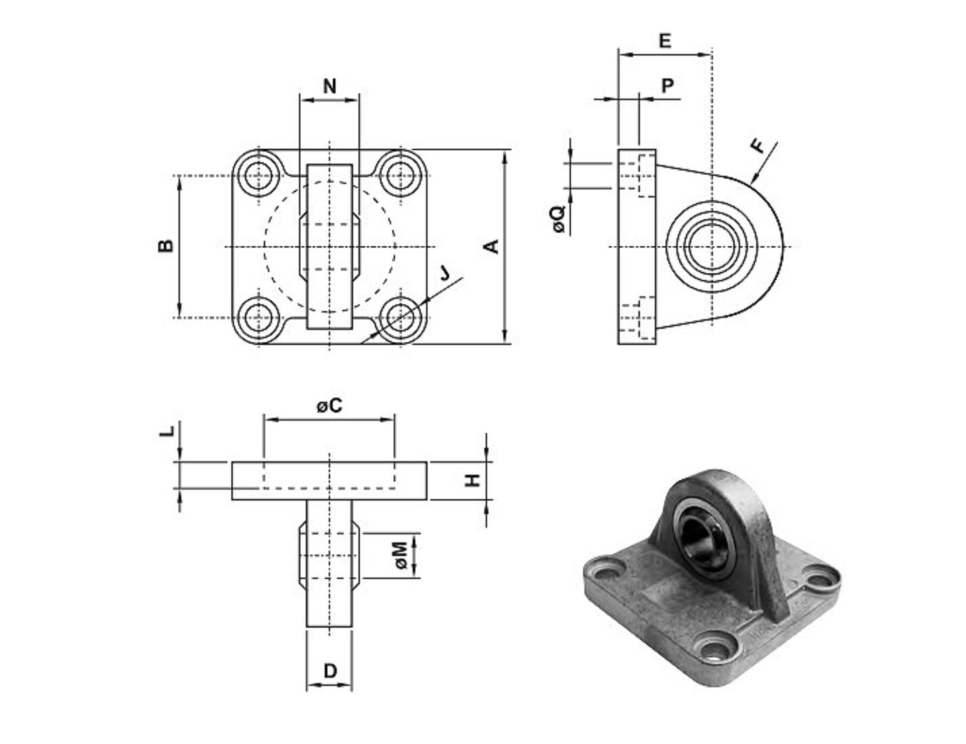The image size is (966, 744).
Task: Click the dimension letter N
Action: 329,86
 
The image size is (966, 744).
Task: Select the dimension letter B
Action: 166,246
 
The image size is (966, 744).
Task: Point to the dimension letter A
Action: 492,246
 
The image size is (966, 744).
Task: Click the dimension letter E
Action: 665,41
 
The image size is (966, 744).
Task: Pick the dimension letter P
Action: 667,85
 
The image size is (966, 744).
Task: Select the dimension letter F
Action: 759,145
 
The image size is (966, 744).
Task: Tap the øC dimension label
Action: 329,406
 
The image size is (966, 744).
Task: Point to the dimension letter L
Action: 167,431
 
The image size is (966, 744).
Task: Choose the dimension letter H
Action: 472,480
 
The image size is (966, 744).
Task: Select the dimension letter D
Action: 330,671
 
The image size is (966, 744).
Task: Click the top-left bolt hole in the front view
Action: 258,175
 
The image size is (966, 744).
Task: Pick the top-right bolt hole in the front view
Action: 400,175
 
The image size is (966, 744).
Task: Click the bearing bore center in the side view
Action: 711,247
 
